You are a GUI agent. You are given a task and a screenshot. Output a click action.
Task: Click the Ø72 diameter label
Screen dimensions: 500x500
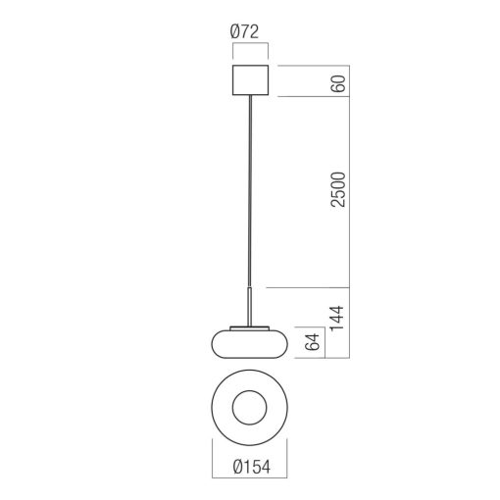[x=250, y=32]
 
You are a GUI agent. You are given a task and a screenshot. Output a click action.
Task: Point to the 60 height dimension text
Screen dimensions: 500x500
[x=338, y=81]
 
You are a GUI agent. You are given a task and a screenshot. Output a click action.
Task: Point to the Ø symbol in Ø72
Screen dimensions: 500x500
[x=237, y=32]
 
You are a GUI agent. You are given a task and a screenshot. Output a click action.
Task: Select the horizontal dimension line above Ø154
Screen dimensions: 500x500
[x=250, y=453]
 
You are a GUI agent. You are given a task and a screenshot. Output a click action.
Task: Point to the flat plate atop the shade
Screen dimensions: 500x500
[x=250, y=325]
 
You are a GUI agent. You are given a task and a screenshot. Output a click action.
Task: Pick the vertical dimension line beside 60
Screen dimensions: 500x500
[x=349, y=81]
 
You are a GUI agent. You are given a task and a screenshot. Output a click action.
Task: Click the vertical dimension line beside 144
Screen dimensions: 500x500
[x=349, y=325]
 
